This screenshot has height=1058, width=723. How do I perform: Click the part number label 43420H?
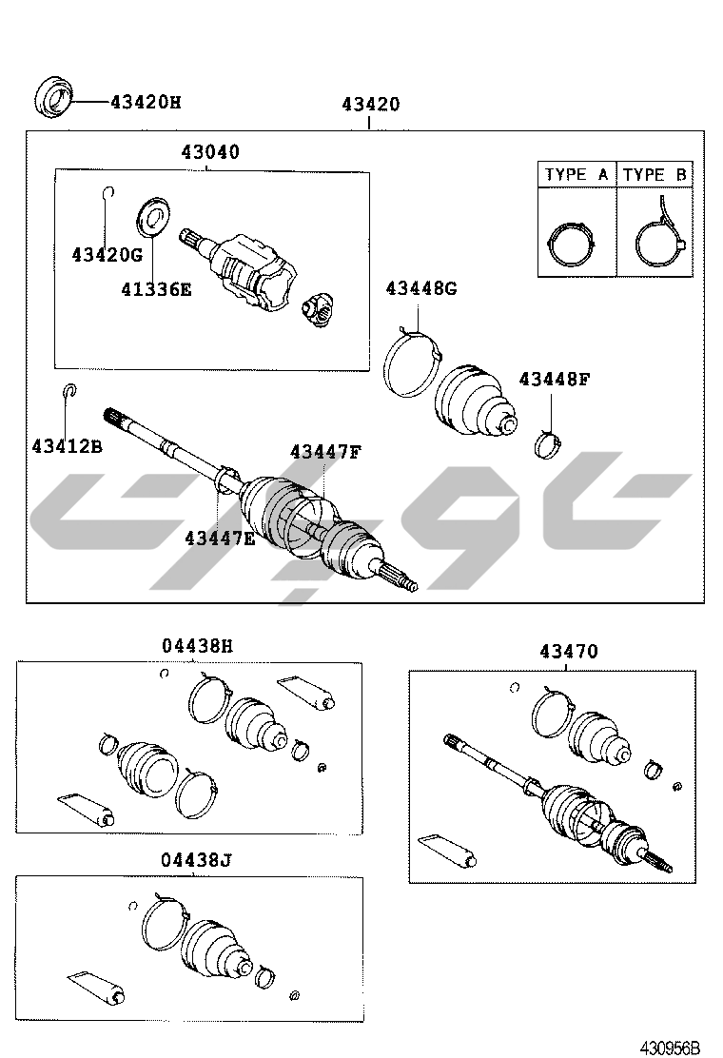(146, 103)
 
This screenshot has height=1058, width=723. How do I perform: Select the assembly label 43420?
(370, 105)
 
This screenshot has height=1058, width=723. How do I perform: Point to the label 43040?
(209, 152)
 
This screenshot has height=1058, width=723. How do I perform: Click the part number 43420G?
(107, 254)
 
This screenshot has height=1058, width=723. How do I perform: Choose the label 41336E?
(156, 289)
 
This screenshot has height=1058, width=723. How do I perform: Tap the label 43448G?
(421, 289)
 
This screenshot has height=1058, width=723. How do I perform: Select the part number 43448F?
(555, 380)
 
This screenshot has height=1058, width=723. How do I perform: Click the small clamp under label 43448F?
(548, 443)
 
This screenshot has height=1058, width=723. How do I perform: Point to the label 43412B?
(68, 446)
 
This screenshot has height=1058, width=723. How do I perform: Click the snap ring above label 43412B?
(70, 390)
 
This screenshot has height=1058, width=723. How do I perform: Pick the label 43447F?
(325, 451)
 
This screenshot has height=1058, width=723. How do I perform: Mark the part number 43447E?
(220, 539)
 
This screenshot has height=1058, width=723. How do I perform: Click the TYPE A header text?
(576, 175)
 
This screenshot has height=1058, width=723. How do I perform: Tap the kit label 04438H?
(197, 646)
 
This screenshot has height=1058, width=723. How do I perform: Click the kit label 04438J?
(196, 860)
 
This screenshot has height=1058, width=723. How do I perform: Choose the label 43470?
(569, 652)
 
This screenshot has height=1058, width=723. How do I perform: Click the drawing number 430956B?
(671, 1048)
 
